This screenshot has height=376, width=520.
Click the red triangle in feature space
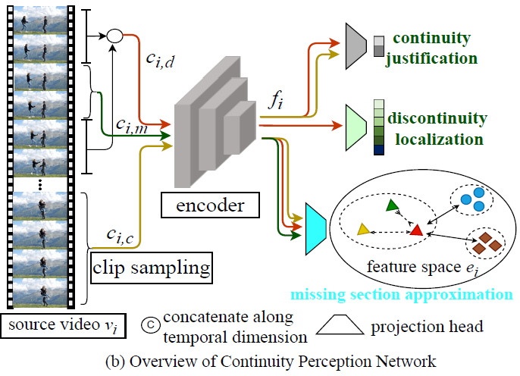(415, 228)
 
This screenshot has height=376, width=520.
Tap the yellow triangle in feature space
(363, 228)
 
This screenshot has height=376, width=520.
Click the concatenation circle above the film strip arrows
(114, 34)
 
